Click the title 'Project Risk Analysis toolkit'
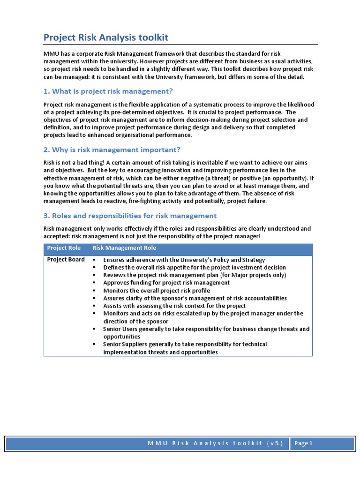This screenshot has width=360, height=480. click(105, 37)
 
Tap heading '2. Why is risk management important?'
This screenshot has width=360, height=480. click(112, 150)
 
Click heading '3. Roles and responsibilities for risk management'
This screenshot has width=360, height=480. click(130, 216)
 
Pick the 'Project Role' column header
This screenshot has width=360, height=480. click(64, 248)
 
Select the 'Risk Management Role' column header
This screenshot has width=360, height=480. click(124, 248)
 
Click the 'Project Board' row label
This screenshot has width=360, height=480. click(66, 260)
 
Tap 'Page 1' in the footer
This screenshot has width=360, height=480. click(304, 443)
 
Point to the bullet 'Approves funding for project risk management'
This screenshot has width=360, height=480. click(166, 283)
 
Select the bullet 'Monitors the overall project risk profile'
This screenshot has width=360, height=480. click(157, 291)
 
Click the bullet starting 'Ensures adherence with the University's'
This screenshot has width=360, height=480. click(184, 260)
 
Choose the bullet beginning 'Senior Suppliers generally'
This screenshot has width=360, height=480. click(185, 345)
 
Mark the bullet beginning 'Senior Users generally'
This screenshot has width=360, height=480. click(206, 329)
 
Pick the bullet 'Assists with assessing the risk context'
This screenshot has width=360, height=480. click(174, 306)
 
